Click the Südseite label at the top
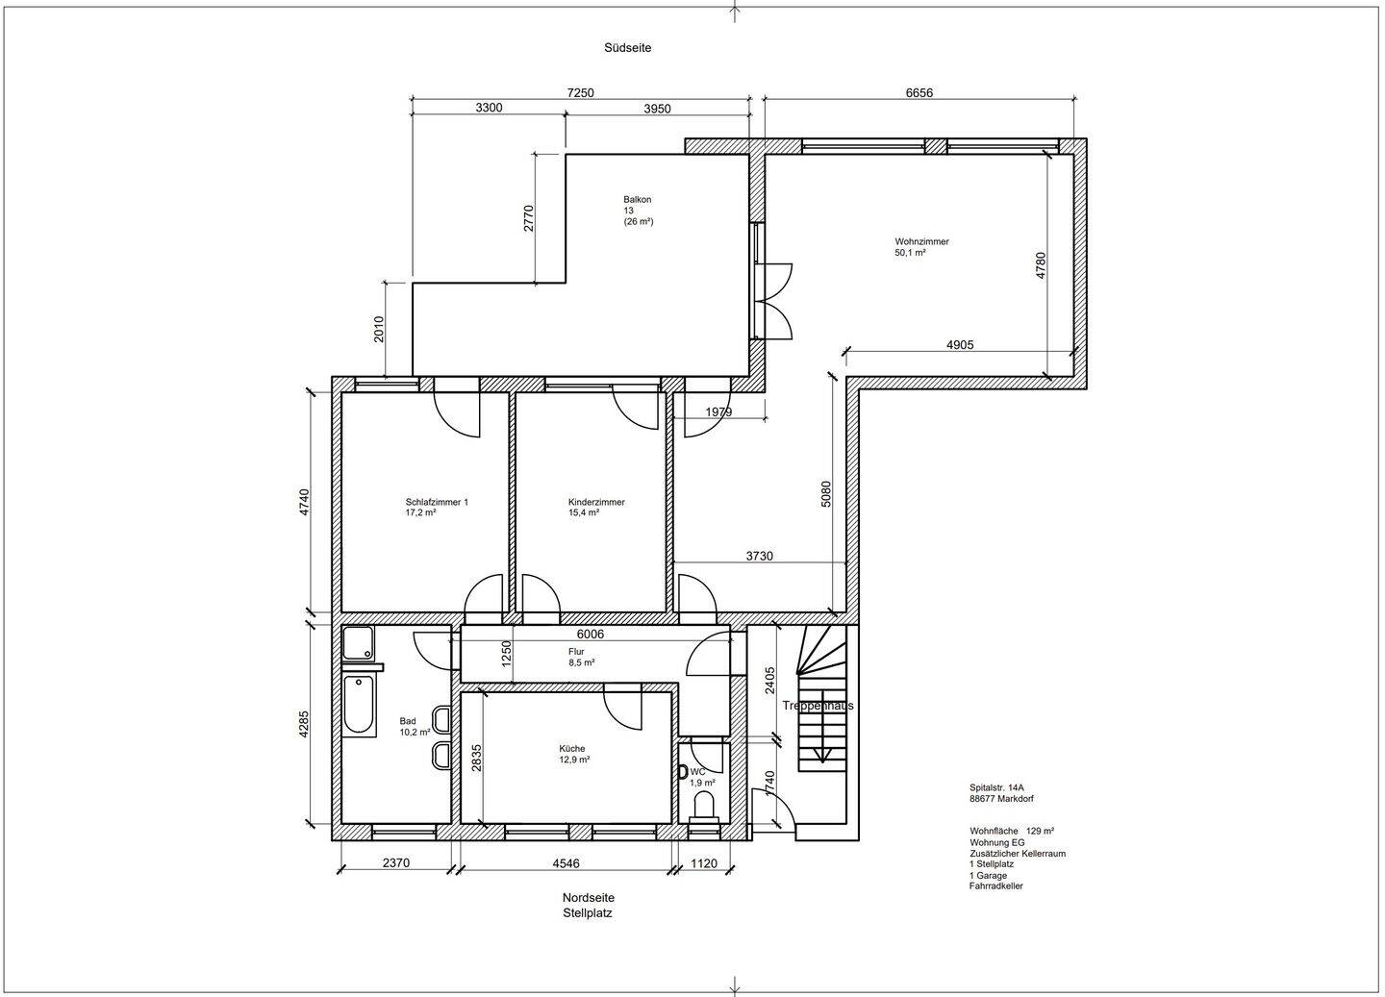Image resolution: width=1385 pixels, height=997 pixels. (x=627, y=48)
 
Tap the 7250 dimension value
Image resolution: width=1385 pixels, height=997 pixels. (x=581, y=92)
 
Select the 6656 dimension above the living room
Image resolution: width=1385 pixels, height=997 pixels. (x=919, y=92)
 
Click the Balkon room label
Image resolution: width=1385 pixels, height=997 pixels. (x=637, y=200)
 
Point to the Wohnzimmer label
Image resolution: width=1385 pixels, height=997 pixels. (x=921, y=241)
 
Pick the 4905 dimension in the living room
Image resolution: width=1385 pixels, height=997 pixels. (x=960, y=345)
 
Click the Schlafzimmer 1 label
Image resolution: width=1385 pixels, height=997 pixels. (x=437, y=502)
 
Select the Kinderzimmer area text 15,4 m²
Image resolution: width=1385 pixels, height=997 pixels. (x=584, y=512)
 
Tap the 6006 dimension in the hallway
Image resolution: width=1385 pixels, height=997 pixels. (x=590, y=635)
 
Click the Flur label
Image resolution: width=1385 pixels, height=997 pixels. (x=576, y=652)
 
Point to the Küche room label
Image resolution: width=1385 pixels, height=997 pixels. (x=572, y=749)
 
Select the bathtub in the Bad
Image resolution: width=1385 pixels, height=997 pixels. (x=359, y=706)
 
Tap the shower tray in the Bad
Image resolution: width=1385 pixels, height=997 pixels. (x=358, y=643)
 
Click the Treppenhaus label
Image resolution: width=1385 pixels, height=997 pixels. (x=818, y=706)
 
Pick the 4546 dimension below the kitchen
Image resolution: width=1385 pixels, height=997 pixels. (x=566, y=862)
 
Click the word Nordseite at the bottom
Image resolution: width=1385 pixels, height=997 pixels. (x=588, y=897)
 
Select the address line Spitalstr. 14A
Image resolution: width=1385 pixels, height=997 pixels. (x=996, y=787)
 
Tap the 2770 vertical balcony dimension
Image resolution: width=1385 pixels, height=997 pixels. (x=529, y=218)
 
